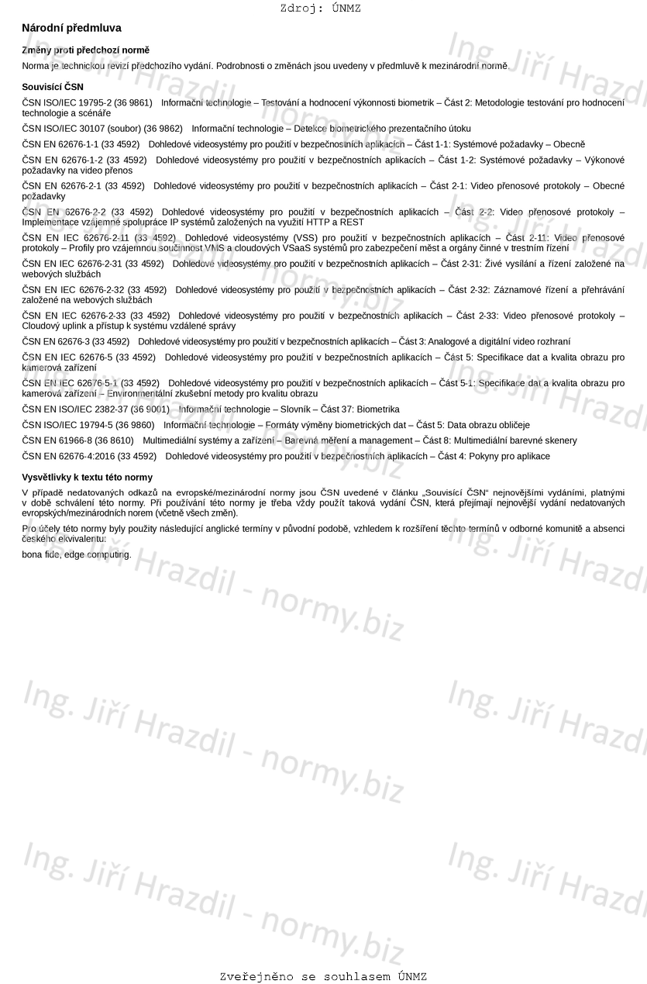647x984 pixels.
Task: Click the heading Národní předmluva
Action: (71, 28)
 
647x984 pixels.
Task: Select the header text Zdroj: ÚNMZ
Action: (320, 9)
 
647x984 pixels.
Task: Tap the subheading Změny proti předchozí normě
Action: (85, 50)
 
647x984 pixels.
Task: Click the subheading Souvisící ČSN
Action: (52, 87)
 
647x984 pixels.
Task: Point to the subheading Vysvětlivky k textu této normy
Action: (87, 478)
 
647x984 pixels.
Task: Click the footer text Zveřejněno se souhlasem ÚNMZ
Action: (323, 976)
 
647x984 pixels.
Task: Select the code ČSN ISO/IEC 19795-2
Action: (68, 102)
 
